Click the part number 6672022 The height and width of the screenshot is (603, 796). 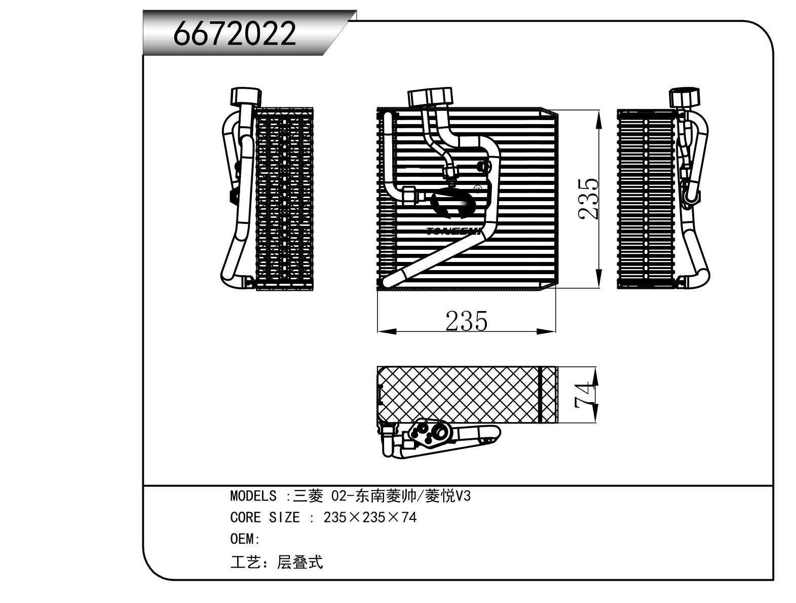coord(235,33)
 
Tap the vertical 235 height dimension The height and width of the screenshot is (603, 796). coord(589,199)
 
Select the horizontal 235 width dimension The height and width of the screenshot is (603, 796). coord(466,321)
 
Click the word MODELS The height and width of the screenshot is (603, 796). coord(253,496)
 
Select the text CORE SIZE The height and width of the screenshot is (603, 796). coord(264,518)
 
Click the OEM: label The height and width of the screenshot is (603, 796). coord(245,539)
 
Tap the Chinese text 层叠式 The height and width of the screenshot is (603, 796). coord(299,562)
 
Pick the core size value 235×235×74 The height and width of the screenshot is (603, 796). coord(369,518)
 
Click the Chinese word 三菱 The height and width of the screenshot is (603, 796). coord(308,496)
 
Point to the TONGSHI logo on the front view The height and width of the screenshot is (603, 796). coord(453,213)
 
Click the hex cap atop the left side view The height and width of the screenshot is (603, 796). coord(246,96)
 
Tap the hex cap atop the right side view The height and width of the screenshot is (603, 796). coord(685,97)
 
